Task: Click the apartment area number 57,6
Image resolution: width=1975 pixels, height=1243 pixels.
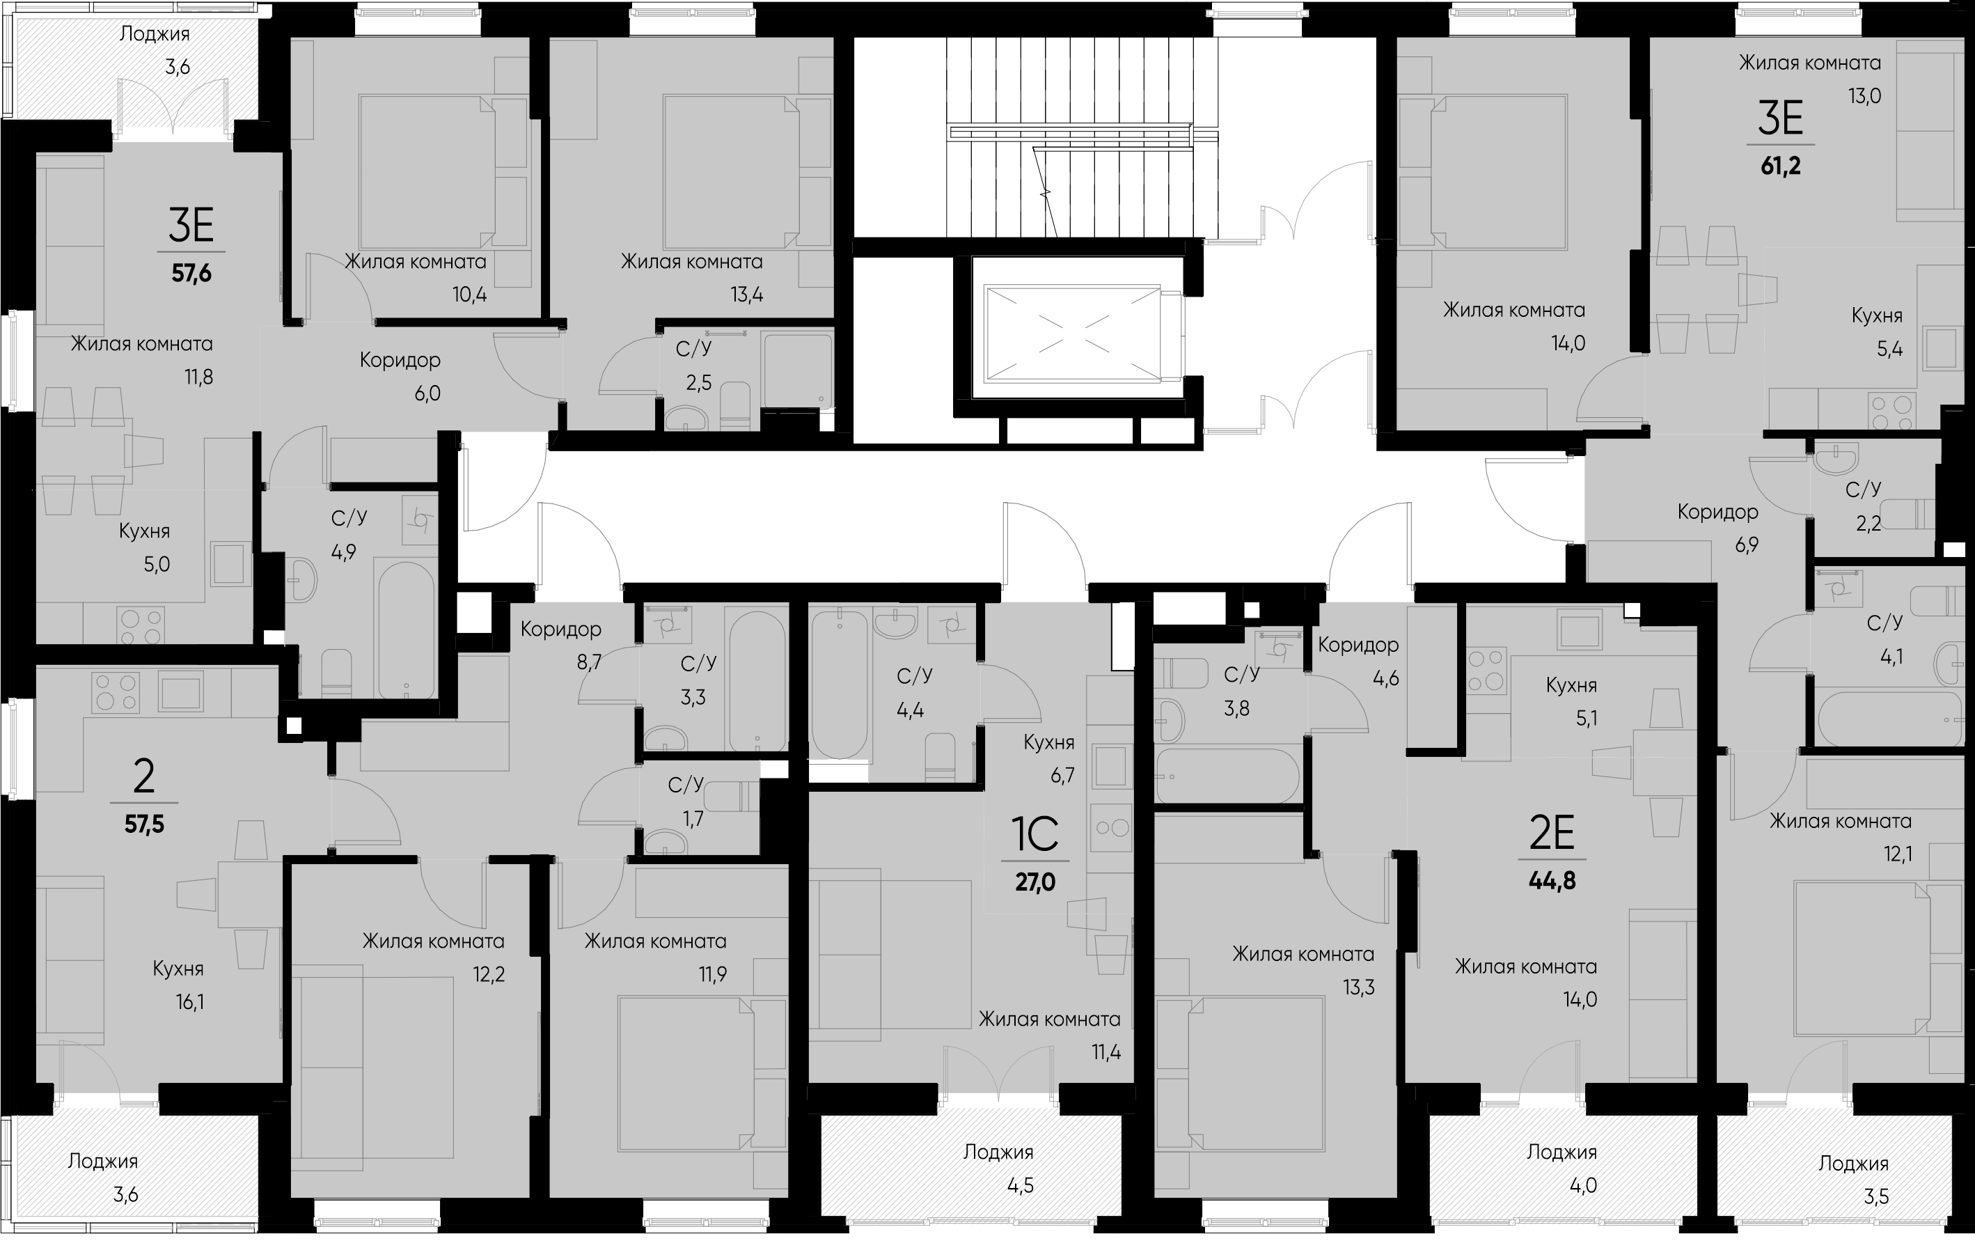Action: point(191,273)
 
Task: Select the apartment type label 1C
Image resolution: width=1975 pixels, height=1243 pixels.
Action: point(1035,834)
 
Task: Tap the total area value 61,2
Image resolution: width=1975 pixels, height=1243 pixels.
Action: point(1781,166)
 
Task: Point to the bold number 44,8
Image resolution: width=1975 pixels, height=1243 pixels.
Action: point(1552,881)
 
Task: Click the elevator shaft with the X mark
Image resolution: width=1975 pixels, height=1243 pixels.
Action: point(1071,333)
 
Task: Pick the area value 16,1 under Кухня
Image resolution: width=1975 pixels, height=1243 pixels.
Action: point(189,1002)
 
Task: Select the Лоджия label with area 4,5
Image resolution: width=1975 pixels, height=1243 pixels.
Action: point(998,1152)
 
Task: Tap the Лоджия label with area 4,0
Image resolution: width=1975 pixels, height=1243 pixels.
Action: point(1561,1152)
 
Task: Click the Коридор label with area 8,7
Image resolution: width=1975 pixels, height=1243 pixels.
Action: point(561,630)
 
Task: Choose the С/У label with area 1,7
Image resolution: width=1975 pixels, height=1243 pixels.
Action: point(686,785)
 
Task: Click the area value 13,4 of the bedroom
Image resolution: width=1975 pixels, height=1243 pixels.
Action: point(746,295)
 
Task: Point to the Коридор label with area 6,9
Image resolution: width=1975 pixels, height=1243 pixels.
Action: point(1717,512)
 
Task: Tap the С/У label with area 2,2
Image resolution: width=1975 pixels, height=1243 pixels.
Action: point(1864,490)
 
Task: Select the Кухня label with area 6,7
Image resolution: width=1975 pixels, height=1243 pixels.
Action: point(1049,742)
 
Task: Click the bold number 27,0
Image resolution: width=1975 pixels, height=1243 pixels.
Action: point(1035,882)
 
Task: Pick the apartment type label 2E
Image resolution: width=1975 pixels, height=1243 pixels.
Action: point(1552,834)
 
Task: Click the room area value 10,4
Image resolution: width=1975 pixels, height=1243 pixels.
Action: point(469,295)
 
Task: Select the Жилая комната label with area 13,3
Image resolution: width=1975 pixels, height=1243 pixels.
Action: point(1303,954)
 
